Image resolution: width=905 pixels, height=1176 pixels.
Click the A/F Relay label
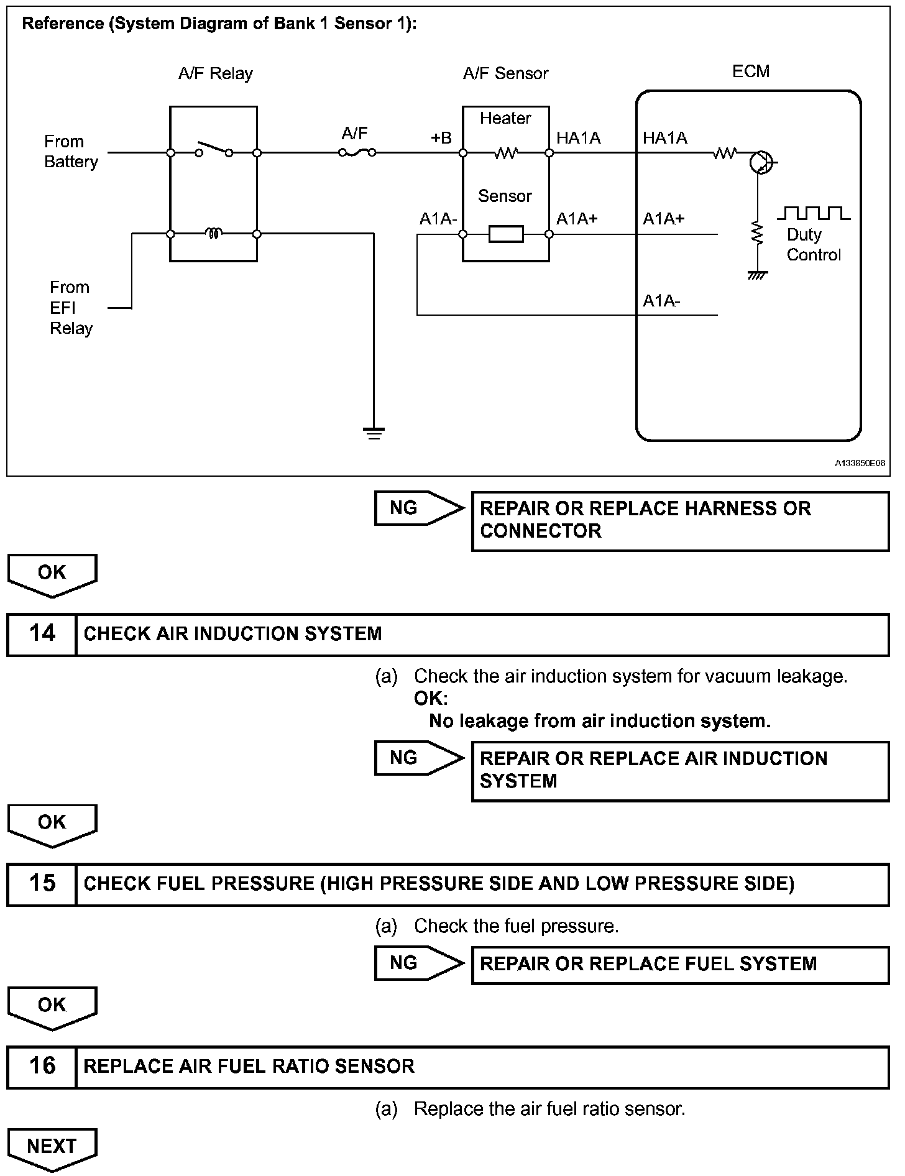point(215,73)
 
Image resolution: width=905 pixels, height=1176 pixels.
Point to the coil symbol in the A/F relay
point(214,234)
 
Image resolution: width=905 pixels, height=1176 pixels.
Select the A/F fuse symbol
point(357,152)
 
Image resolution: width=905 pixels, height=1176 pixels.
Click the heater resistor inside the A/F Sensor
point(506,153)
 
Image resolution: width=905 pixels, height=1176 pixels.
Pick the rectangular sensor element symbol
point(506,234)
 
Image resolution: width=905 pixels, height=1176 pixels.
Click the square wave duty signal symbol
point(814,213)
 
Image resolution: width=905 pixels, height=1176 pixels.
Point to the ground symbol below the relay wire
point(373,433)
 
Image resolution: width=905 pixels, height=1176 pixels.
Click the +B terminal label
point(441,138)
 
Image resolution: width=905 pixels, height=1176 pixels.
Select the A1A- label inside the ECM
point(661,301)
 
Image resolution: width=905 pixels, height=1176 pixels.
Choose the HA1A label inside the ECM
point(665,138)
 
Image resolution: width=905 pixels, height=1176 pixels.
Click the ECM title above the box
point(751,71)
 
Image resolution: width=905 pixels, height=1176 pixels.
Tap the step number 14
point(42,633)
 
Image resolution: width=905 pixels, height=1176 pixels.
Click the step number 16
point(42,1066)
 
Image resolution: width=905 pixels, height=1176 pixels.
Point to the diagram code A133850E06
point(860,464)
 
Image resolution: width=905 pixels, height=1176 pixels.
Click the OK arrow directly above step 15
point(52,825)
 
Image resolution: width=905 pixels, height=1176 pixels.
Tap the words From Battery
point(71,152)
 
